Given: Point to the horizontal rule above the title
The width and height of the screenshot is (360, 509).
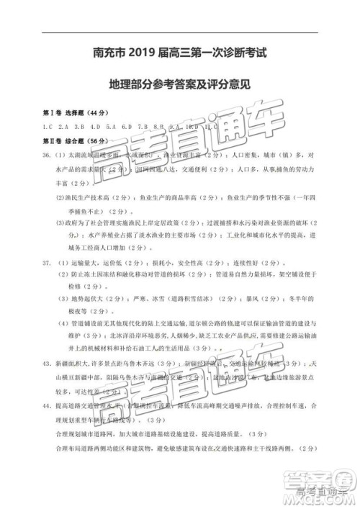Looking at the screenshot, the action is click(x=180, y=33).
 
